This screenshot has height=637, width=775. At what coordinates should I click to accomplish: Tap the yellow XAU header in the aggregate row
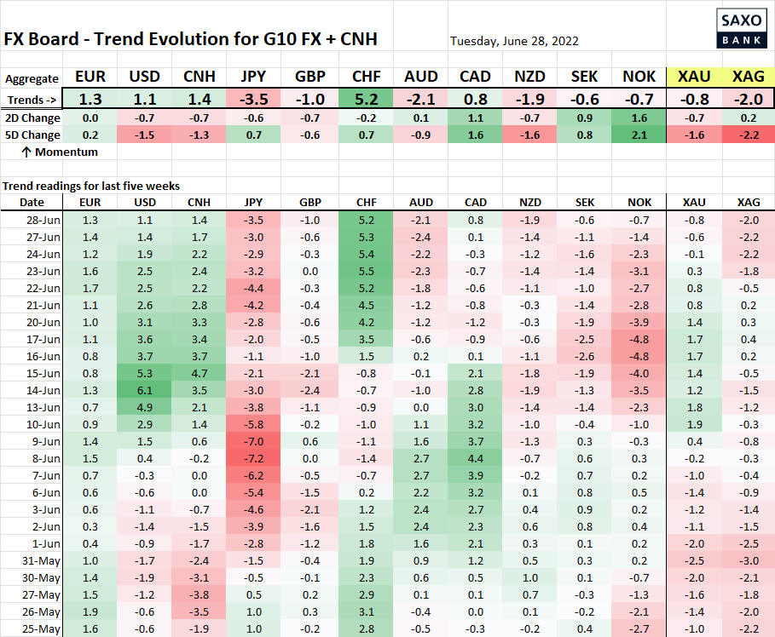pos(694,77)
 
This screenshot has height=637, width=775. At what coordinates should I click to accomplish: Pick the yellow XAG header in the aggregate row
pos(748,77)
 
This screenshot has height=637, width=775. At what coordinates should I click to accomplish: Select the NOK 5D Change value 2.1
pos(639,135)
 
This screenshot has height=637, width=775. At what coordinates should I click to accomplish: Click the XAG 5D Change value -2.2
pos(748,135)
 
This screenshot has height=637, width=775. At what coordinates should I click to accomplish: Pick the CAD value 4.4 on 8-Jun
pos(474,458)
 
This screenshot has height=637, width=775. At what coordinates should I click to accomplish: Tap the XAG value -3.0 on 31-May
pos(748,560)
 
